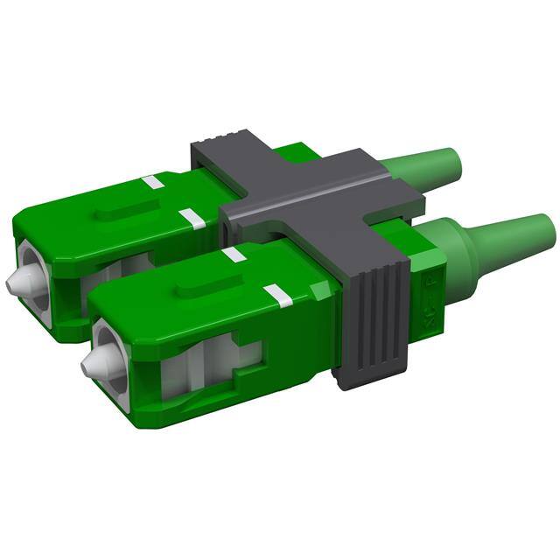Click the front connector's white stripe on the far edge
point(233,255)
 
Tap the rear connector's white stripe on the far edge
point(153,183)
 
